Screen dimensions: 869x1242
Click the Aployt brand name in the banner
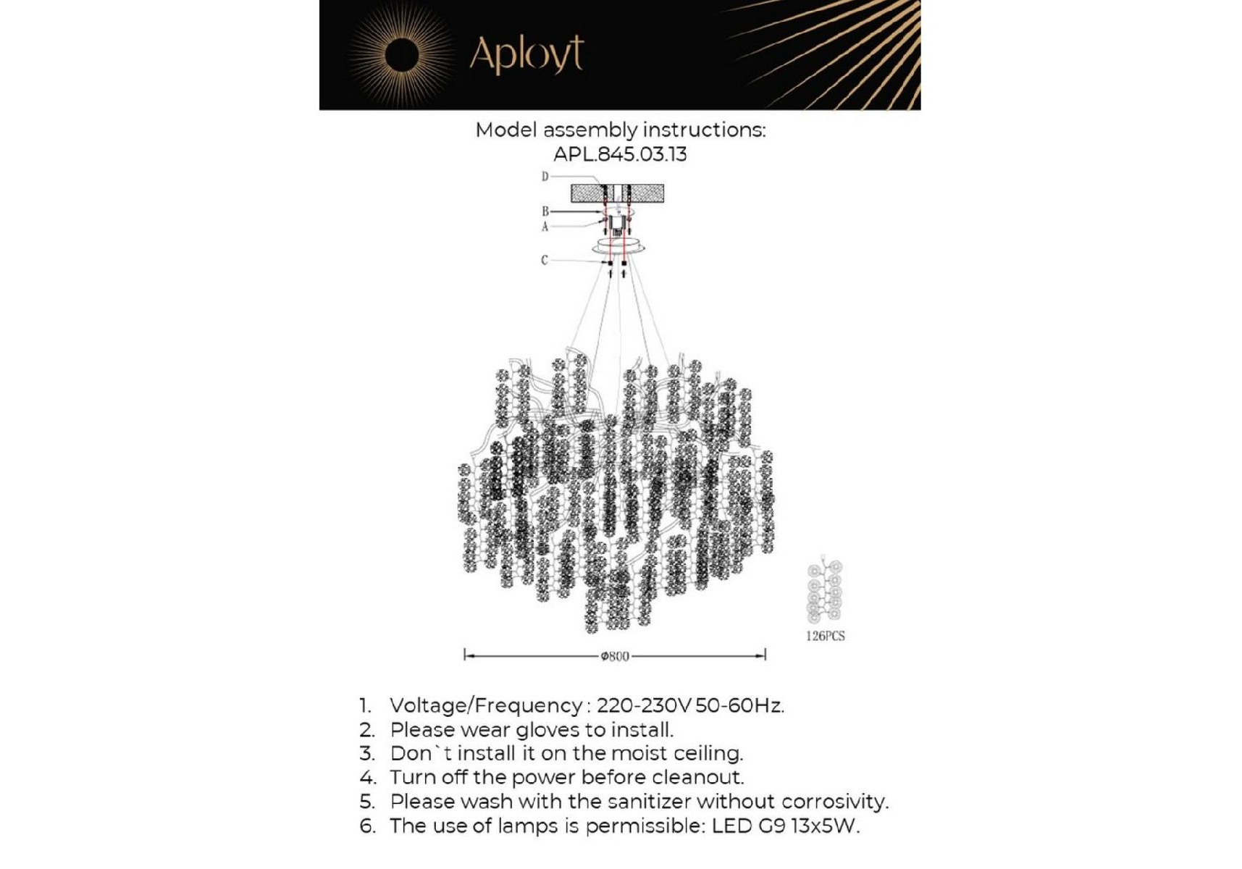(526, 54)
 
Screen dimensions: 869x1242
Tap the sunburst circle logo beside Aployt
(401, 56)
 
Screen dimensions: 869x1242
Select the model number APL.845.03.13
(620, 154)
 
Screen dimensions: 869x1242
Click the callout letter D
(545, 177)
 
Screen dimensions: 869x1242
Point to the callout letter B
(545, 211)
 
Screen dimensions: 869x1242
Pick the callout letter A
(545, 227)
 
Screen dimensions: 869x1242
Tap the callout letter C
(544, 260)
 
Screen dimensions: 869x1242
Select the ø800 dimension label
(615, 656)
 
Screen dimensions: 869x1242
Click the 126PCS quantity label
(825, 636)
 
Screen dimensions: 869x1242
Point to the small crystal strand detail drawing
(824, 590)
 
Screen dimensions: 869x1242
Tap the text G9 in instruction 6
(771, 826)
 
